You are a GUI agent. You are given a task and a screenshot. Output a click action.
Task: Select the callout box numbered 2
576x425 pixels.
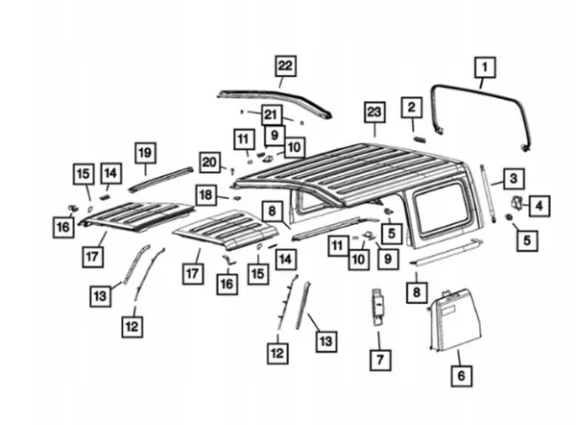coord(412,108)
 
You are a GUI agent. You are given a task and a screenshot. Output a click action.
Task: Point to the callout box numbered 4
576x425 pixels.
coord(540,205)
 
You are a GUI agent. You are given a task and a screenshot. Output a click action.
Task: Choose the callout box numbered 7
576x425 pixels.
coord(379,362)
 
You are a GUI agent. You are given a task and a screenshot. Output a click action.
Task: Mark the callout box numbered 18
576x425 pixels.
coord(205,194)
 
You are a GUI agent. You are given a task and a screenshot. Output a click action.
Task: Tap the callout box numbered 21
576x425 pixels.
coord(271,113)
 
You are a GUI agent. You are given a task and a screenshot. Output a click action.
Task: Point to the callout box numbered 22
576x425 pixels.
coord(284,65)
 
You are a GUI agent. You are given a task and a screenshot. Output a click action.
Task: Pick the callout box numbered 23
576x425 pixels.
coord(373,112)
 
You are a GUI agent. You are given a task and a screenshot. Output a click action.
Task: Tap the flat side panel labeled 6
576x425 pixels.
coord(453,322)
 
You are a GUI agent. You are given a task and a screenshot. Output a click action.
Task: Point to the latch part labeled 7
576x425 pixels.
coord(378,305)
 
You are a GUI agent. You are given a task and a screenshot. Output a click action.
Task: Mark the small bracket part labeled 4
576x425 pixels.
coord(516,205)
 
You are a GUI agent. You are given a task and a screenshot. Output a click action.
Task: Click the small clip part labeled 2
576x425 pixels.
coord(419,137)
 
